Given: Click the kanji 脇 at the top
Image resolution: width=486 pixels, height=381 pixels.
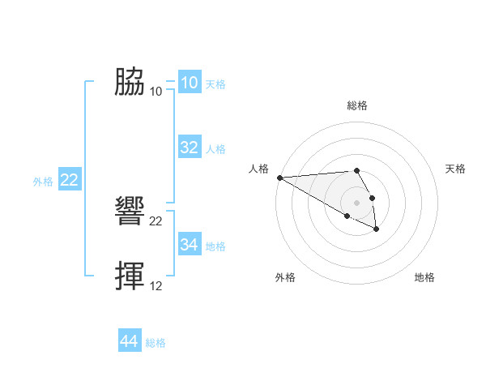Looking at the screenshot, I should (130, 82).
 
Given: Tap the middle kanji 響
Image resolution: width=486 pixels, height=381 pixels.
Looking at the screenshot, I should (130, 212).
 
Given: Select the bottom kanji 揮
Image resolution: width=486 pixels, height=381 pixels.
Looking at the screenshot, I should (130, 276).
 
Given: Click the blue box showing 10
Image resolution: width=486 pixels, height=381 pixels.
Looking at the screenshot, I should (190, 83).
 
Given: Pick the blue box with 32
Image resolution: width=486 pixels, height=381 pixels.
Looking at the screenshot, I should (190, 148).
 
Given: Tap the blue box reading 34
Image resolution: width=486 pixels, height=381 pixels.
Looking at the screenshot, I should (190, 245).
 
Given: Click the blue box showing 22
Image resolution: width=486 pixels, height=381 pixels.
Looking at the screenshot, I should (69, 180).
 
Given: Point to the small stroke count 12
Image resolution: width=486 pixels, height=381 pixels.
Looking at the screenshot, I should (156, 285).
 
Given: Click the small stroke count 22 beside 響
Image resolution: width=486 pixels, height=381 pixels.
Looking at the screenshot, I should (156, 220).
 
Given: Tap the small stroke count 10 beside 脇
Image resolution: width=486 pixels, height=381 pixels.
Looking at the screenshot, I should (156, 91).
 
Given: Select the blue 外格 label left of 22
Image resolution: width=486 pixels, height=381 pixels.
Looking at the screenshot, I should (43, 182).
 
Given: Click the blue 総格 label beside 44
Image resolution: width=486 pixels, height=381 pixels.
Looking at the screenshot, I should (156, 343).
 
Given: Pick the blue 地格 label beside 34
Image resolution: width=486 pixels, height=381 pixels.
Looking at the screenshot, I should (215, 246).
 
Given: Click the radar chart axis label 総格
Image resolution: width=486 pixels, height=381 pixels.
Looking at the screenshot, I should (357, 105).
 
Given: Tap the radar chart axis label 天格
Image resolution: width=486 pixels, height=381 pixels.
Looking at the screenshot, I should (455, 169).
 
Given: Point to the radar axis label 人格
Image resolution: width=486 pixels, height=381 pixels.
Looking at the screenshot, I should (258, 169).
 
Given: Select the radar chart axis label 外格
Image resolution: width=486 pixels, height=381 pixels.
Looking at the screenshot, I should (284, 277).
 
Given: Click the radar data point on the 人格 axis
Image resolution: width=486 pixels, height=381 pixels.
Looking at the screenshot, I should (279, 178).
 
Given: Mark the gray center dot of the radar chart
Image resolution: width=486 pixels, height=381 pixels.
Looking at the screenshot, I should (357, 203).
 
